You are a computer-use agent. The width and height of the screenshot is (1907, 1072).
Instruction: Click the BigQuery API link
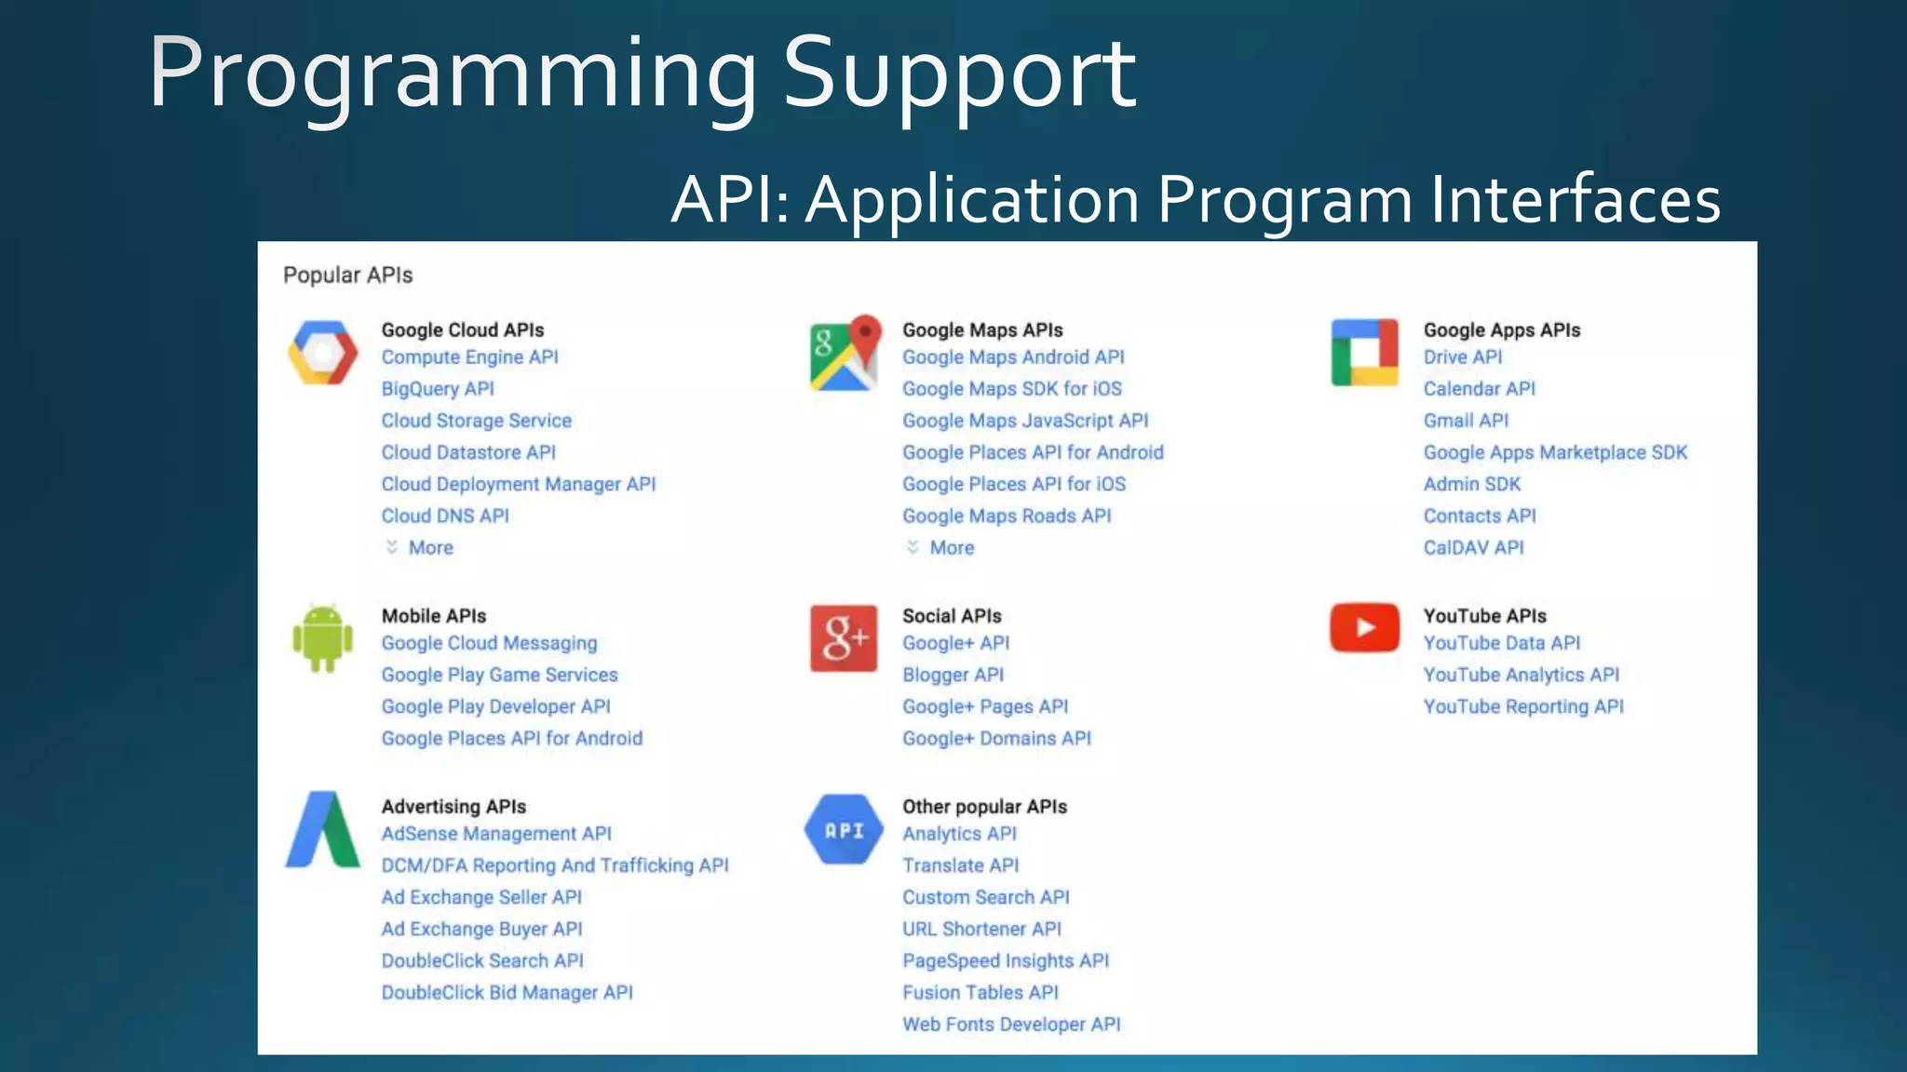click(x=438, y=389)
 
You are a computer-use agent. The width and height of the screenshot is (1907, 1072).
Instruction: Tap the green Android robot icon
click(x=322, y=638)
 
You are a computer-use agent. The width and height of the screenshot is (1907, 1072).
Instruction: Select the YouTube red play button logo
click(x=1364, y=627)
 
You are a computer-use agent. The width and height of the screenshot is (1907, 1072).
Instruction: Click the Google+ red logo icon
click(x=844, y=638)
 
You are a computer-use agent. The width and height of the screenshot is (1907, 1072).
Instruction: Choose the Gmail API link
click(x=1466, y=421)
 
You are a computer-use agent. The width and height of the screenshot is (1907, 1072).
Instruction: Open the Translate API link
click(x=960, y=865)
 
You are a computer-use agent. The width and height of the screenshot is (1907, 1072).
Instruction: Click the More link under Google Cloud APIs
click(x=430, y=548)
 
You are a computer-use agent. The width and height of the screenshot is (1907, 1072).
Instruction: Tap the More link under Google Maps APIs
click(x=952, y=548)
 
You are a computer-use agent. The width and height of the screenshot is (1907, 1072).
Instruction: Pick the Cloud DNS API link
click(x=445, y=516)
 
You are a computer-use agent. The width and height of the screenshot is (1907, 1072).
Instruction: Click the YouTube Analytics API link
click(x=1521, y=675)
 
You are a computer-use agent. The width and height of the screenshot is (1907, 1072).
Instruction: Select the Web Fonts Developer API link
click(x=1011, y=1025)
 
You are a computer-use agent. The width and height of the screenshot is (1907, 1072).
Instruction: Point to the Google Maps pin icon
click(x=844, y=353)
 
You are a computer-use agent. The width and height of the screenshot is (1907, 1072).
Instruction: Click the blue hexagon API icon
click(x=844, y=829)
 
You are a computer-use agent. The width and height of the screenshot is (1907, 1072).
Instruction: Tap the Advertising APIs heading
click(x=453, y=807)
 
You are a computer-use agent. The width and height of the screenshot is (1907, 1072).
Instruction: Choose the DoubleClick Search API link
click(x=482, y=960)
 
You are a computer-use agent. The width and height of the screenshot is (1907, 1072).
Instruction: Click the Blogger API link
click(x=953, y=675)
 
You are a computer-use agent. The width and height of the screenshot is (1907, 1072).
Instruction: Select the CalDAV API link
click(x=1473, y=548)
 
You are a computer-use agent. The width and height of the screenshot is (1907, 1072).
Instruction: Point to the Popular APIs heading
click(x=347, y=275)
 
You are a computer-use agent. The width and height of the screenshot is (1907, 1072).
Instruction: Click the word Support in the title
click(x=959, y=74)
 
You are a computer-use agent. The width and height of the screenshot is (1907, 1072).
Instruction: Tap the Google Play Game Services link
click(x=499, y=675)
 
